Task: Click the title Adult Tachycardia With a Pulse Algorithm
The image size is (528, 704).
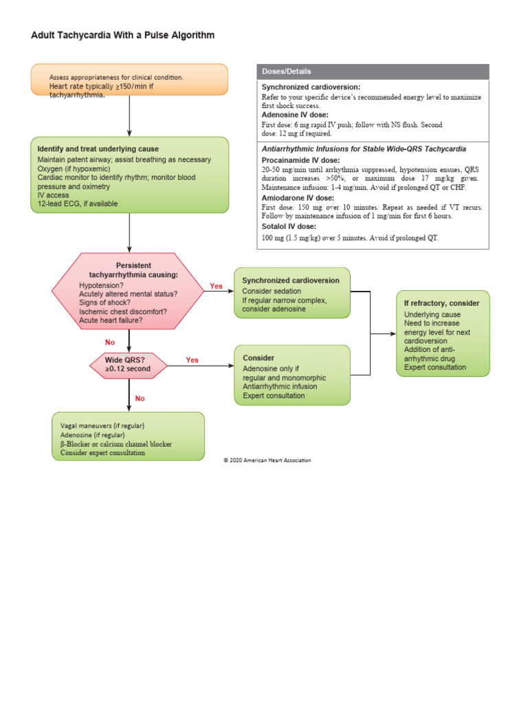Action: (x=122, y=35)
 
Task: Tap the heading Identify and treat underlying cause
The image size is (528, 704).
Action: (x=98, y=149)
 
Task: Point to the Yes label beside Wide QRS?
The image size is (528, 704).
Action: (x=192, y=360)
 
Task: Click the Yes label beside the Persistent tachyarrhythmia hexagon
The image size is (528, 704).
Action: (x=216, y=285)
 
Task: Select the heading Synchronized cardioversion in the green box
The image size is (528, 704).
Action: (x=291, y=280)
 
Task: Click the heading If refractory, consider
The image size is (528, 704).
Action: (x=441, y=303)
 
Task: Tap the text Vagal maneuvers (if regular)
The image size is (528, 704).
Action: (x=102, y=426)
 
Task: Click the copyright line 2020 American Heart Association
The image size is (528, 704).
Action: (x=267, y=461)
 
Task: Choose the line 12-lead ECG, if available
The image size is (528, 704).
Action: (x=78, y=203)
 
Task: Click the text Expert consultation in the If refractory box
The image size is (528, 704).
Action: (x=434, y=367)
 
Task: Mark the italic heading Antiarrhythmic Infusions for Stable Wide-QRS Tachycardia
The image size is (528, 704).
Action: (x=364, y=148)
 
